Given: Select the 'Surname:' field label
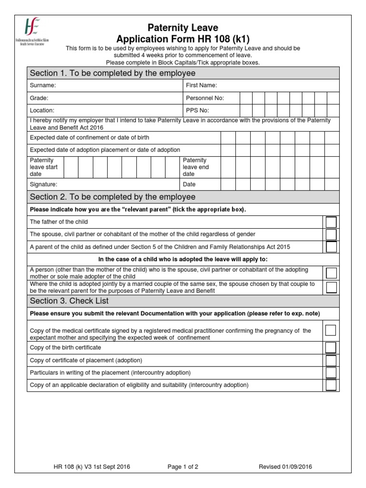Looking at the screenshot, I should (43, 85).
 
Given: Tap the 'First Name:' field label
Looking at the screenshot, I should (201, 85).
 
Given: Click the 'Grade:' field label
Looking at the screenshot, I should (39, 98).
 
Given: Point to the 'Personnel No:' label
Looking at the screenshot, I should (204, 98).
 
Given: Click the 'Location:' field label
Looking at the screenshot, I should (42, 110).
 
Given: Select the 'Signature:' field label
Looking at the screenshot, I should (43, 184).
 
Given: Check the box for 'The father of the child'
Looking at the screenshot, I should (331, 222).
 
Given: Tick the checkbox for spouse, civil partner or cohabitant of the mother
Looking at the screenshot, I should (331, 234).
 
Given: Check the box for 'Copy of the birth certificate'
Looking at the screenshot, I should (331, 348).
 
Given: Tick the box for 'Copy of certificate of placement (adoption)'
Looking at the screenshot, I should (331, 360).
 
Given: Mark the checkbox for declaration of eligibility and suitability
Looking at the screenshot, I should (331, 385).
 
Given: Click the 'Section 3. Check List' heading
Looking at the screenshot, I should (69, 301).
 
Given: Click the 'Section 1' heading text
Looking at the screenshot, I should (112, 73).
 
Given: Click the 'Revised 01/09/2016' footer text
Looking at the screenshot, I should (285, 467).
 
